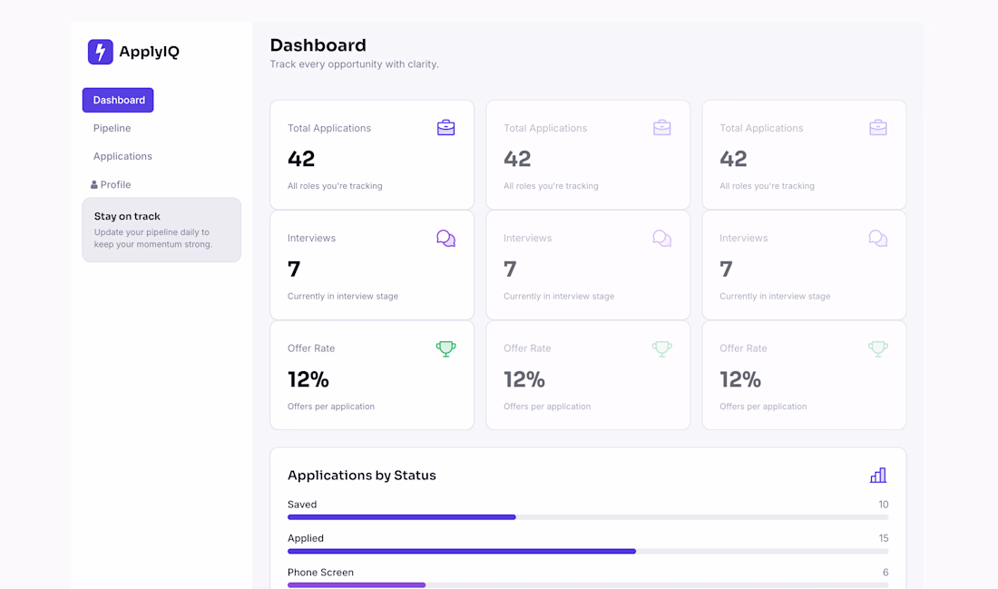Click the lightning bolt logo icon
(101, 52)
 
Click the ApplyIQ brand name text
(149, 52)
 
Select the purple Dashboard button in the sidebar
(118, 100)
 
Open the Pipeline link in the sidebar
(112, 128)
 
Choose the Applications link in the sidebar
(122, 156)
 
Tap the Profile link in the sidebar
(115, 184)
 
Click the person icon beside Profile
(94, 184)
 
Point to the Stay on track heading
(127, 217)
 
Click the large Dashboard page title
(318, 45)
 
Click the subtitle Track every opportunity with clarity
(355, 64)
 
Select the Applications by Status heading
(361, 476)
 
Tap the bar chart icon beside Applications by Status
(878, 476)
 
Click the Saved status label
(302, 505)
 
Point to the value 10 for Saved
(884, 505)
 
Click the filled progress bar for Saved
(402, 517)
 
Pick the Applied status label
(306, 538)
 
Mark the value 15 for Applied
(884, 538)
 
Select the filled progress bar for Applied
(462, 551)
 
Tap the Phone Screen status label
(321, 573)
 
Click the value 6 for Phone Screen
(885, 573)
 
